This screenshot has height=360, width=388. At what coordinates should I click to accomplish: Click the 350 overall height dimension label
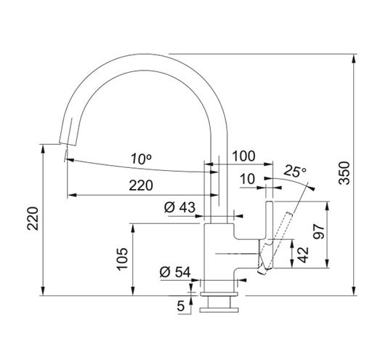coord(344,173)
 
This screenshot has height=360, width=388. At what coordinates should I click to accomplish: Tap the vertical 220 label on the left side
coord(33,218)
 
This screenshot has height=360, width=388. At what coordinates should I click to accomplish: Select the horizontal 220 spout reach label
coord(141,185)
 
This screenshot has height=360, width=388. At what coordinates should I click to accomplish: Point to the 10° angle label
coord(141,159)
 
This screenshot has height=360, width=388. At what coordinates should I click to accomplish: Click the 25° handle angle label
coord(295,171)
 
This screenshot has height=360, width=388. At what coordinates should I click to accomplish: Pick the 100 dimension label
coord(243,156)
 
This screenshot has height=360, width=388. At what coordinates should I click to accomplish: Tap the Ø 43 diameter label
coord(179,207)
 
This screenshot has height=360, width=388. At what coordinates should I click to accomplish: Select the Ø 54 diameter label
coord(175,272)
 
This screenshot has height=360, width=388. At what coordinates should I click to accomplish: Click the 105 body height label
coord(122,258)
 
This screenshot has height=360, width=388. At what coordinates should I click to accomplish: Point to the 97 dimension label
coord(318,231)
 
